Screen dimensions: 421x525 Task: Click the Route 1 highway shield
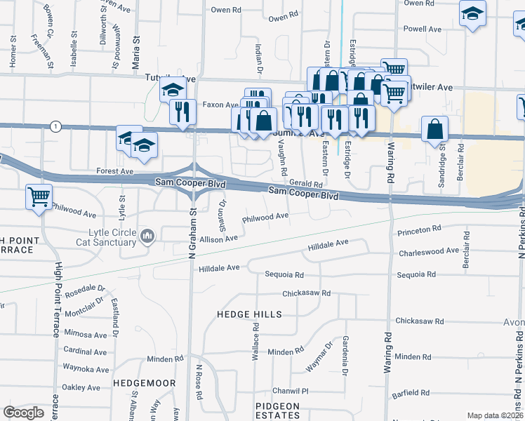pos(55,126)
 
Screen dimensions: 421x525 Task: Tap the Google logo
pos(23,413)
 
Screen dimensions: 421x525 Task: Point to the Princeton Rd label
pos(418,229)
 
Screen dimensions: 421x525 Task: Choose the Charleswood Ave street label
pos(429,250)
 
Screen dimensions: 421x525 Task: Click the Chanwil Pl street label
pos(291,391)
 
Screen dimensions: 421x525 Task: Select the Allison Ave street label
pos(219,239)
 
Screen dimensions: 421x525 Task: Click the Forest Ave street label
pos(115,171)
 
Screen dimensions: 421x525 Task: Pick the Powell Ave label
pos(423,29)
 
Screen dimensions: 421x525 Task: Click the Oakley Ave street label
pos(81,387)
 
